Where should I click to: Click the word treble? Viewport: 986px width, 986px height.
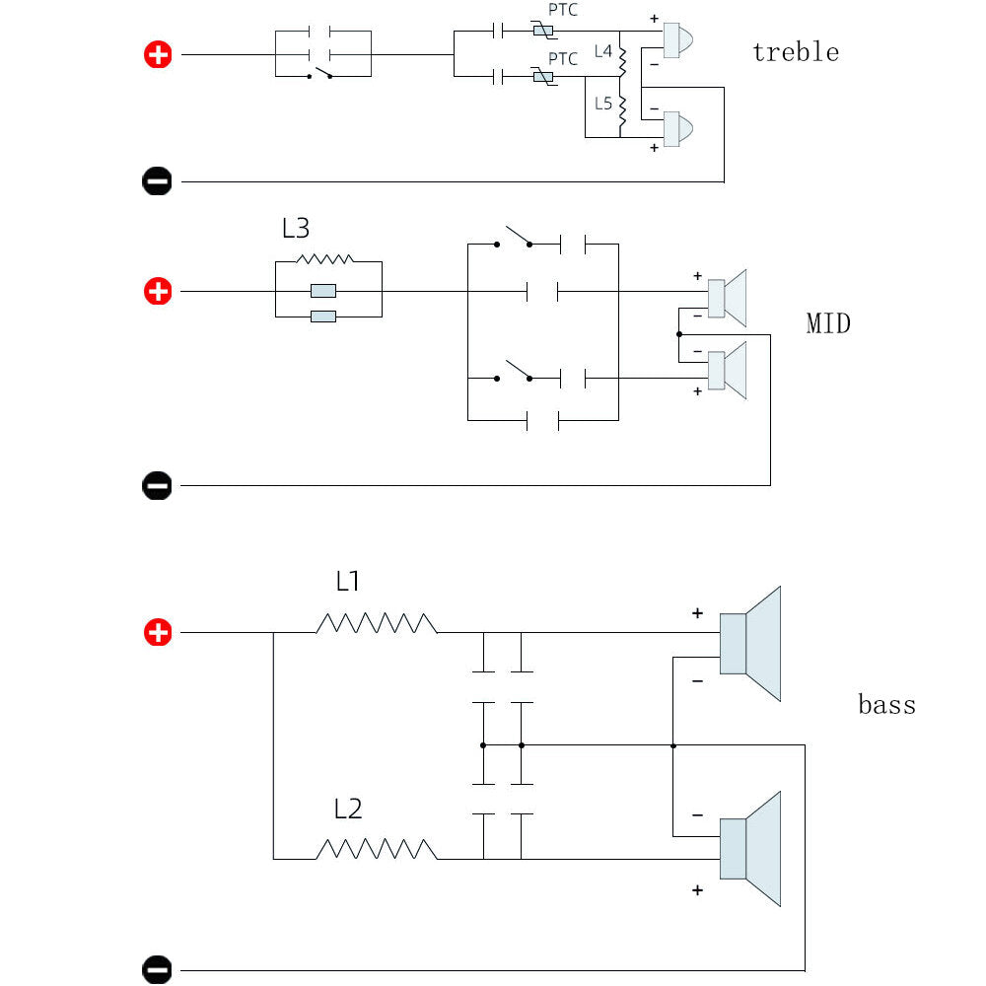[796, 51]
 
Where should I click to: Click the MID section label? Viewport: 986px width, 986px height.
[828, 323]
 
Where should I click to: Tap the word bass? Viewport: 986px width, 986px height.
[886, 704]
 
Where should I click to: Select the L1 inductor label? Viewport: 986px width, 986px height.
[348, 581]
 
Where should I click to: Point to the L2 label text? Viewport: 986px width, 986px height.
[348, 809]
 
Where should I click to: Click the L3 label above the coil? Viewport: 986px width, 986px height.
[296, 228]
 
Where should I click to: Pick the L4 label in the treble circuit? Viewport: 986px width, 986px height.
[603, 51]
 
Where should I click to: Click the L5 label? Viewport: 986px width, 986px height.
[603, 104]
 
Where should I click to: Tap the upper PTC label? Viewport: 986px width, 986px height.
[563, 10]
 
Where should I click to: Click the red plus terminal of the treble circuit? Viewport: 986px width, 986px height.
[158, 54]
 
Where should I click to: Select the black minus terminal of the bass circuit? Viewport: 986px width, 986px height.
[157, 969]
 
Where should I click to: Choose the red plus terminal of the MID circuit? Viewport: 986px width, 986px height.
[158, 291]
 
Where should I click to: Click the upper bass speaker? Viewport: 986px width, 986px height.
[750, 644]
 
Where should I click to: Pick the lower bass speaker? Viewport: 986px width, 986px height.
[750, 849]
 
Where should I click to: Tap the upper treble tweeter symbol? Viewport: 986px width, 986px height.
[678, 40]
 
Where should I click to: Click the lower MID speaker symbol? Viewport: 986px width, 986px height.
[727, 371]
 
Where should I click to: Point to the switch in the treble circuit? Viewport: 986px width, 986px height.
[319, 73]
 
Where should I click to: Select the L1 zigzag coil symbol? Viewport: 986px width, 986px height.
[376, 623]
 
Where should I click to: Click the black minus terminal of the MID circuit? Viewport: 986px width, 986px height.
[157, 485]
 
